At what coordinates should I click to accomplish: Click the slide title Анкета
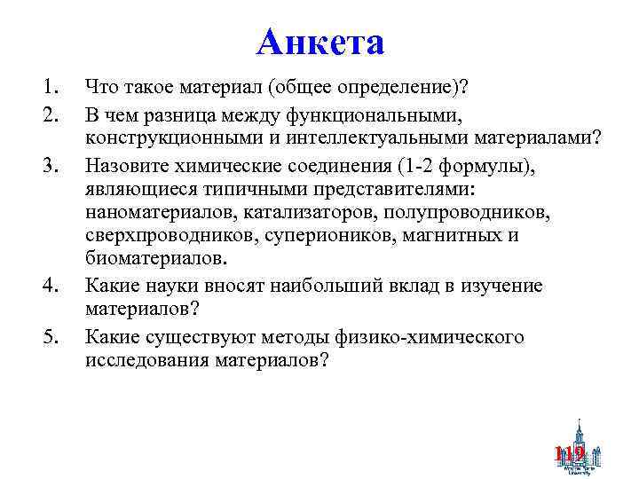point(319,42)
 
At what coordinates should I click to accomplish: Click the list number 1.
point(47,88)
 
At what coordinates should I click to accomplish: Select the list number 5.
point(48,336)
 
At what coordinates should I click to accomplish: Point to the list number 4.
point(48,287)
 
